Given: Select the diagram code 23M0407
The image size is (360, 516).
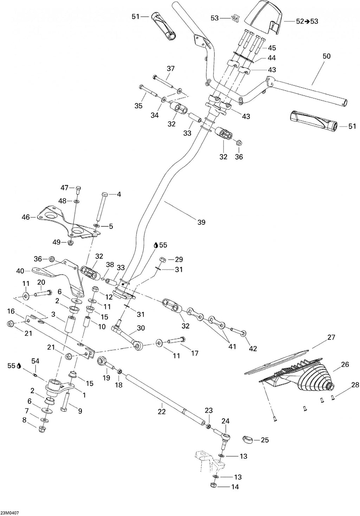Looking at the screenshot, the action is click(x=9, y=513).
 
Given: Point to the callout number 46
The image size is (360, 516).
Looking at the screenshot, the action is click(x=26, y=217).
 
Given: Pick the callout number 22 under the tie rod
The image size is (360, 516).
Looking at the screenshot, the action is click(x=162, y=411).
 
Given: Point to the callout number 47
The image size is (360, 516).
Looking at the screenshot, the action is click(x=65, y=188).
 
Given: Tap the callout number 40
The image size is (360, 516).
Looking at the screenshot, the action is click(x=20, y=271).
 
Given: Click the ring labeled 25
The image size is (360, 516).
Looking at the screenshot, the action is click(x=247, y=439).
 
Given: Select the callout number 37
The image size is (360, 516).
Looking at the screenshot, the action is click(x=171, y=68).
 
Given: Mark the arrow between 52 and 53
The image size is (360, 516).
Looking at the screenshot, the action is click(x=307, y=21).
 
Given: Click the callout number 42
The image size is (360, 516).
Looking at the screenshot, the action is click(x=253, y=348).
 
